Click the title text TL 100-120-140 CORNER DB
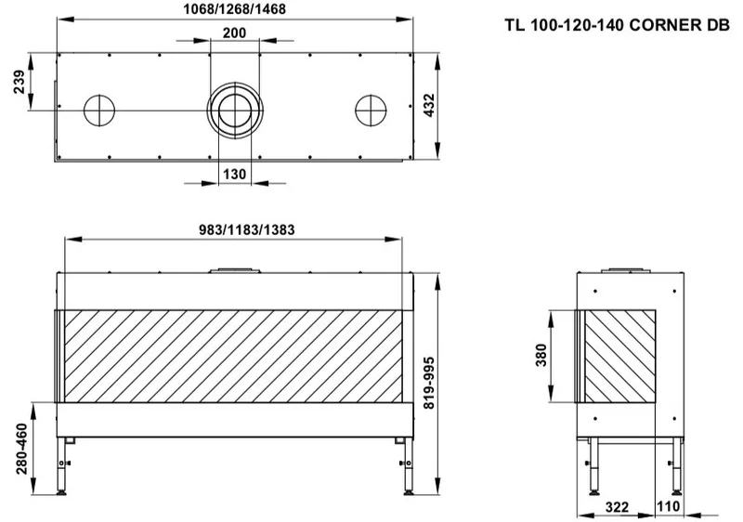[617, 25]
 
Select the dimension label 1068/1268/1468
[235, 9]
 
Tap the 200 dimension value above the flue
[235, 33]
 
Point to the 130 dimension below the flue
[235, 175]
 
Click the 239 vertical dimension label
[19, 82]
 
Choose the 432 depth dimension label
[428, 105]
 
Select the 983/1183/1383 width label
[246, 229]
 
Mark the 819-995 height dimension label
[428, 383]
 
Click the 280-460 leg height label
[21, 449]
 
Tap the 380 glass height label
[541, 355]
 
